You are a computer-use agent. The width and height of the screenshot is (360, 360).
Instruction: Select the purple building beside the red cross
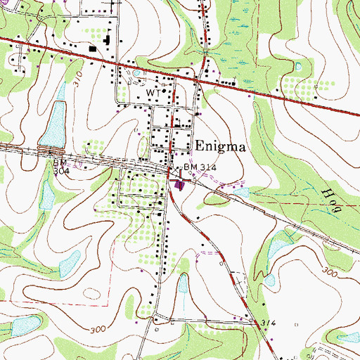(x=181, y=186)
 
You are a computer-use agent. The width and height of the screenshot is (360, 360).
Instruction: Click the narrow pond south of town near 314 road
(x=182, y=285)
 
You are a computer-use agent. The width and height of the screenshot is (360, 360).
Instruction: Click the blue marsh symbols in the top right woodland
(x=232, y=42)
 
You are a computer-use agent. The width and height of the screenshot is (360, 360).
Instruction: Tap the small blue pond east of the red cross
(x=243, y=191)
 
